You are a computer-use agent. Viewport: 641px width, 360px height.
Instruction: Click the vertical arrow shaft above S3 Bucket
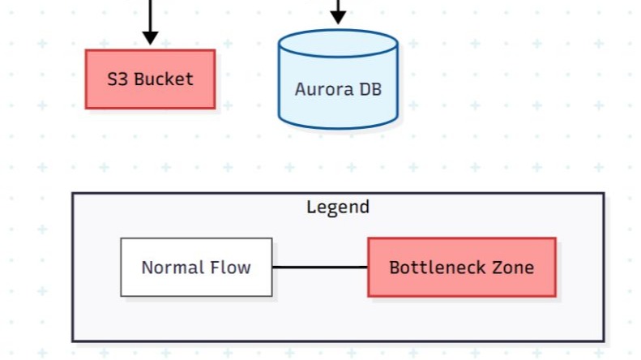coord(150,14)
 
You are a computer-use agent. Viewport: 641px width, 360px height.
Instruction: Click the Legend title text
coord(338,207)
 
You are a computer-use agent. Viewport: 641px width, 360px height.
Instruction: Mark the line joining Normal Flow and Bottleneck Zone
coord(320,267)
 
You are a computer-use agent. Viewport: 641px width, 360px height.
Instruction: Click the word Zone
coord(514,267)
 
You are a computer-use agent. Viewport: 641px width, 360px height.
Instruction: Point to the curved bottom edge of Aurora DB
coord(338,126)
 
